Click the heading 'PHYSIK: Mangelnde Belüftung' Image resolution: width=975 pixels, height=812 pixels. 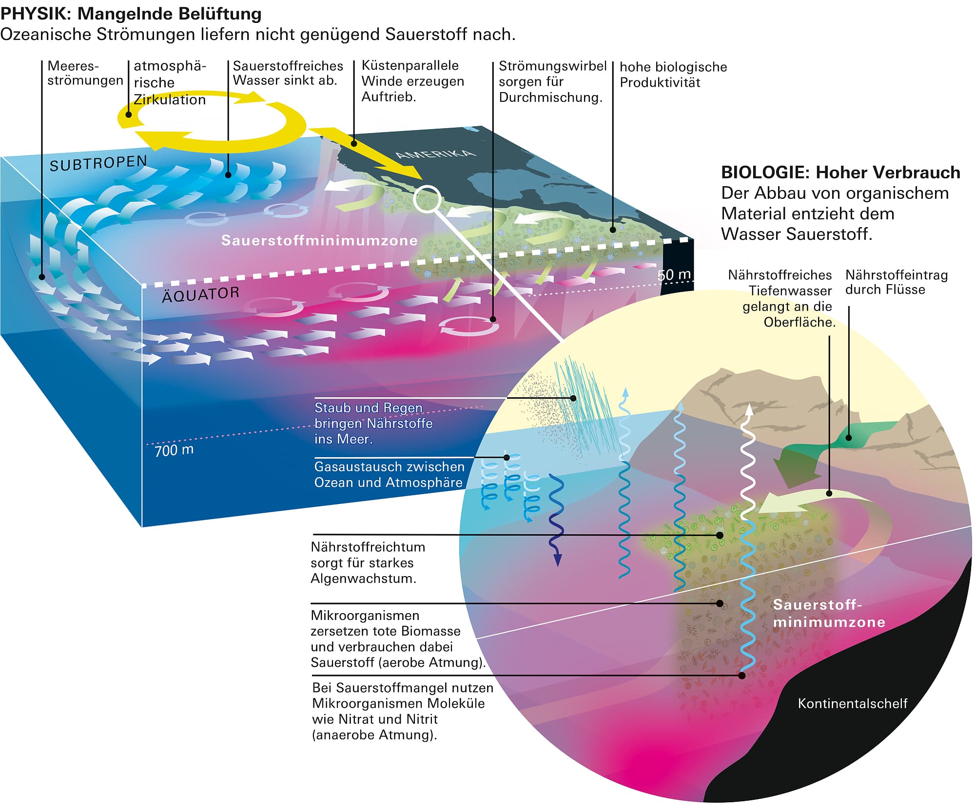click(x=131, y=14)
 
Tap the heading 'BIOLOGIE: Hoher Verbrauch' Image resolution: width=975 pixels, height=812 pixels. click(x=840, y=173)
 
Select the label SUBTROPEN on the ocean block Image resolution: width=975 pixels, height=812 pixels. click(x=98, y=163)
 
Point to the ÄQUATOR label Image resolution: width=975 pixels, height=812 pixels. click(x=200, y=294)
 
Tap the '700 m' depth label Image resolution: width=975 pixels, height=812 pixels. click(x=174, y=450)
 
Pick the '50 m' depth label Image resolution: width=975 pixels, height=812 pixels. click(x=674, y=275)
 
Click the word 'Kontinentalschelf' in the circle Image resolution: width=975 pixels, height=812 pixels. click(x=852, y=703)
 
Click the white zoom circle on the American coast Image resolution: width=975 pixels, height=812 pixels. click(x=427, y=199)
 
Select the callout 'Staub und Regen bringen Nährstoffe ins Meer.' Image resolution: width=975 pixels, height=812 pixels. click(x=373, y=423)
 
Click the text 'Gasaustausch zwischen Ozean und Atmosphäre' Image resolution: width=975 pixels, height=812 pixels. click(x=389, y=474)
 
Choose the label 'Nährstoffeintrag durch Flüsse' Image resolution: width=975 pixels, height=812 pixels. click(x=896, y=282)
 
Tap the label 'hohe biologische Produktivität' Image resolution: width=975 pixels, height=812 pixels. click(x=673, y=75)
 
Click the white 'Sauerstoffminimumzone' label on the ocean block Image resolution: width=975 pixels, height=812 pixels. click(x=319, y=240)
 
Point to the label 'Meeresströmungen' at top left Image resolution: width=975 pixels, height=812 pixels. click(x=84, y=73)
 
